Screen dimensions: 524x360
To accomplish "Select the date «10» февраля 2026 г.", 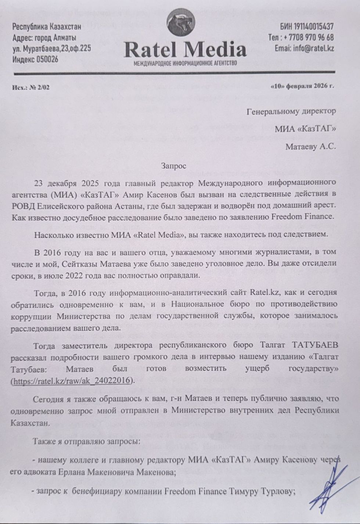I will pyautogui.click(x=302, y=86).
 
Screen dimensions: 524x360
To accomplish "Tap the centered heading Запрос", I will pyautogui.click(x=173, y=166).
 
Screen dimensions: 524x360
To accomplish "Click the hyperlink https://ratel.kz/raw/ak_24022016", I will pyautogui.click(x=72, y=380).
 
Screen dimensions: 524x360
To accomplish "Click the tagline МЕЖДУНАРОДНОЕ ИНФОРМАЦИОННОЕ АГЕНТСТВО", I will pyautogui.click(x=185, y=63).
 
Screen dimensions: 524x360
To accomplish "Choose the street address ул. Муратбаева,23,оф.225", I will pyautogui.click(x=52, y=49).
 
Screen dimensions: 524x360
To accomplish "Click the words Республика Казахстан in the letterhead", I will pyautogui.click(x=47, y=26).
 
